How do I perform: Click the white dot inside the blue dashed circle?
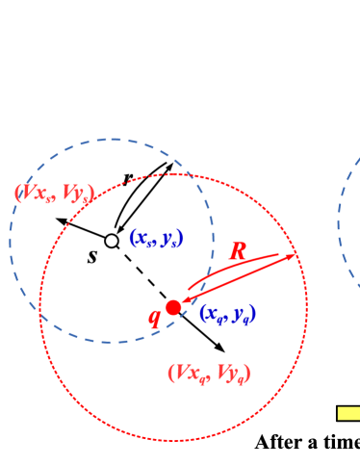coord(112,241)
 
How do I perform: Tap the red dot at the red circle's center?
coord(173,307)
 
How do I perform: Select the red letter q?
coord(154,318)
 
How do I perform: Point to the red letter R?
coord(237,252)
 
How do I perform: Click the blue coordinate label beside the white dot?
coord(156,238)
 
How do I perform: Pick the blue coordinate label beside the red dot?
coord(227,313)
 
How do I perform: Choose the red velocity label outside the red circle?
coord(54,194)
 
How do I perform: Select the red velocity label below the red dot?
coord(209,373)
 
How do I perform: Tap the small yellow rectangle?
coord(348,413)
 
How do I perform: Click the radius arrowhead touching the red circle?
coord(291,255)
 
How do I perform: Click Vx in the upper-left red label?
coord(37,194)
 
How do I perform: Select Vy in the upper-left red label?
coord(75,194)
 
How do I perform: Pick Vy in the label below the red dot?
coord(229,373)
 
